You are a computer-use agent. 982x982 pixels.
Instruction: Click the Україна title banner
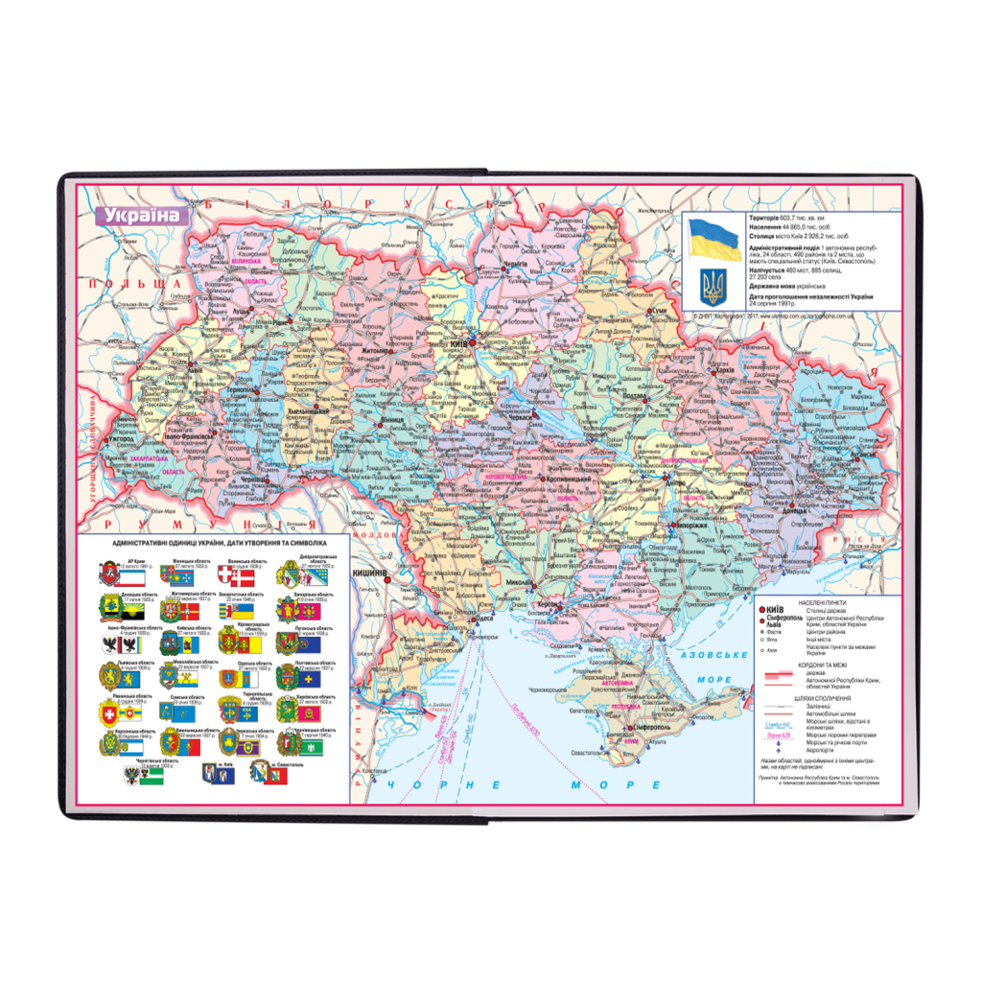click(x=142, y=215)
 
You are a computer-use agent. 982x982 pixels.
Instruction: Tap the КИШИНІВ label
click(x=370, y=573)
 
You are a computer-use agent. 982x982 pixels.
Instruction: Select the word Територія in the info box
click(x=768, y=220)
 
